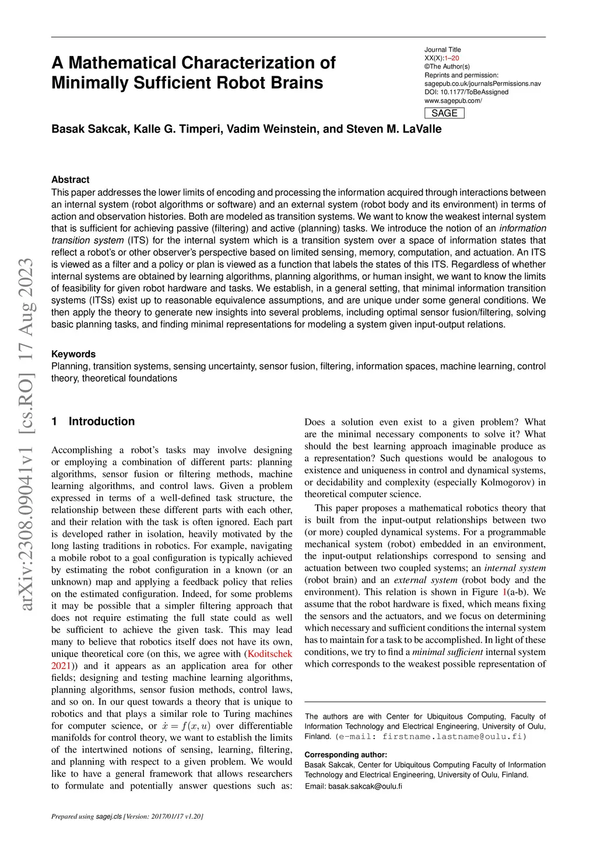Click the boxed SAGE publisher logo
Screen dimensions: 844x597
[x=444, y=113]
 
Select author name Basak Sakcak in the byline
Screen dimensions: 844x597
[x=89, y=129]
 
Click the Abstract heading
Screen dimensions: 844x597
[x=71, y=180]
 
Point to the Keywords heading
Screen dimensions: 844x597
[x=73, y=354]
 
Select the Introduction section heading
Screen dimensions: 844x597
[x=101, y=421]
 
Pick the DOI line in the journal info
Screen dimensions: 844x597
[x=466, y=92]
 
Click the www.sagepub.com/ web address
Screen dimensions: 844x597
[x=453, y=100]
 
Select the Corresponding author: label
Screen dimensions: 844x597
[x=346, y=755]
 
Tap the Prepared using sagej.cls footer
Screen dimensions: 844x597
[x=127, y=817]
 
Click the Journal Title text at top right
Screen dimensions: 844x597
[x=443, y=50]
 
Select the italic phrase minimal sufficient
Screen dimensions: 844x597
[x=447, y=652]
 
